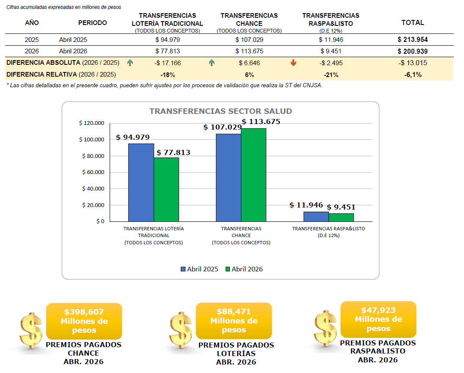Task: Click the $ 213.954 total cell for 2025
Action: point(412,40)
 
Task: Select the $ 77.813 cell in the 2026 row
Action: point(168,51)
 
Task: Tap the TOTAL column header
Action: point(412,22)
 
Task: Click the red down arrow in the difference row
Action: point(293,63)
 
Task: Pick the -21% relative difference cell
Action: point(331,75)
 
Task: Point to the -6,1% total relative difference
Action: point(413,75)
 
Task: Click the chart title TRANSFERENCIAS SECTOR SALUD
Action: point(221,111)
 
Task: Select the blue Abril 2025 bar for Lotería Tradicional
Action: point(141,182)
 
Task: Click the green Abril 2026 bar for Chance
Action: point(254,175)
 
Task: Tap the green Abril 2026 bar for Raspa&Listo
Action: point(341,218)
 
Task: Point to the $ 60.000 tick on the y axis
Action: point(93,172)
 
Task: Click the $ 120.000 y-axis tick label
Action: point(91,123)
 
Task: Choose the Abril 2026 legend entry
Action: point(244,269)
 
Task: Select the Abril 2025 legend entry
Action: point(199,269)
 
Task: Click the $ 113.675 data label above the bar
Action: point(261,122)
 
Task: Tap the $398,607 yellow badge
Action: point(84,321)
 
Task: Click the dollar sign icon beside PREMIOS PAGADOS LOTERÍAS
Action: point(181,330)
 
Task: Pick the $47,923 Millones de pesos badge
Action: point(378,319)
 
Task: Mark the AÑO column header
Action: point(32,23)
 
